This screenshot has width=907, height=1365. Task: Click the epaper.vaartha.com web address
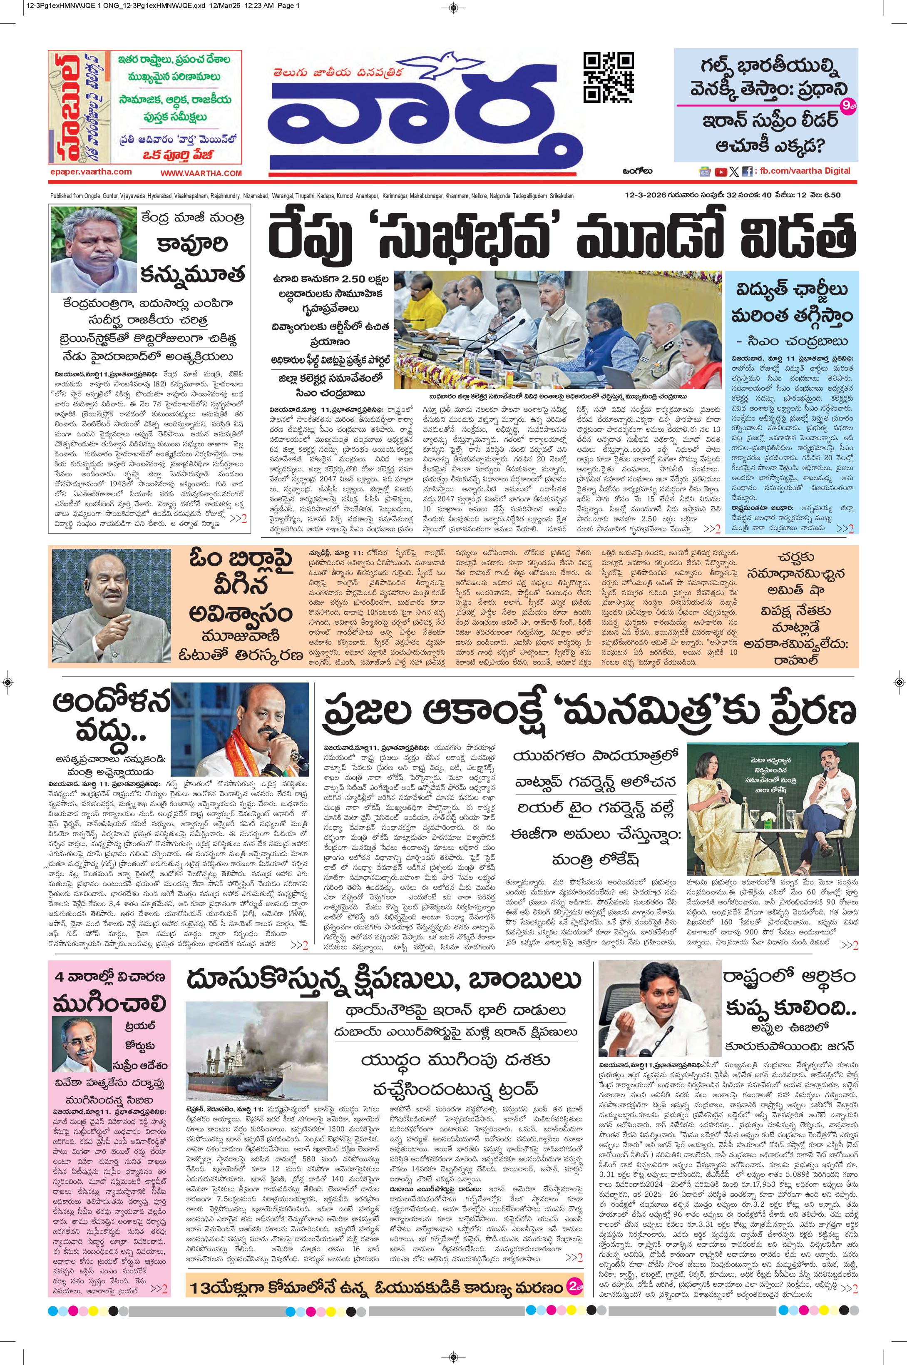[91, 172]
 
